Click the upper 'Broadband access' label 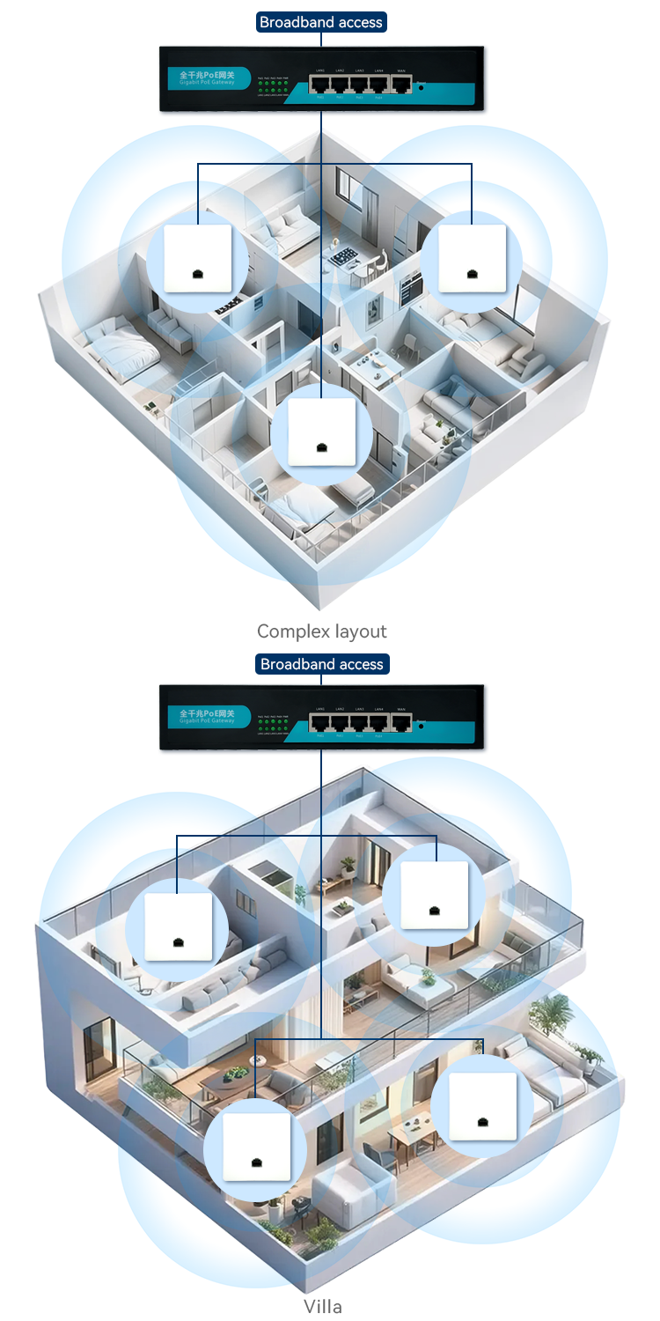pyautogui.click(x=321, y=22)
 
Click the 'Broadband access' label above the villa pyautogui.click(x=322, y=664)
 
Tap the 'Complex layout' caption pyautogui.click(x=321, y=631)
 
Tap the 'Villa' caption pyautogui.click(x=322, y=1306)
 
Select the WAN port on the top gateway pyautogui.click(x=400, y=85)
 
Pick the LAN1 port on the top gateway pyautogui.click(x=320, y=85)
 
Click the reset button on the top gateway pyautogui.click(x=422, y=88)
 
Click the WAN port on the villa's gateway pyautogui.click(x=401, y=724)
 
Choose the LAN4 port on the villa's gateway pyautogui.click(x=379, y=724)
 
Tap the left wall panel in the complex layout pyautogui.click(x=198, y=258)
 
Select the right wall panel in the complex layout pyautogui.click(x=473, y=258)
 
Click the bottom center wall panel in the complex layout pyautogui.click(x=322, y=432)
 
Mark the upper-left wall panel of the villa pyautogui.click(x=179, y=926)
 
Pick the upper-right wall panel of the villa pyautogui.click(x=435, y=895)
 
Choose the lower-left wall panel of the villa pyautogui.click(x=256, y=1146)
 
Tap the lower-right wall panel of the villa pyautogui.click(x=483, y=1104)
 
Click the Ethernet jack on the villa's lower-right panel pyautogui.click(x=483, y=1121)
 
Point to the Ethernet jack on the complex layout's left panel pyautogui.click(x=198, y=274)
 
